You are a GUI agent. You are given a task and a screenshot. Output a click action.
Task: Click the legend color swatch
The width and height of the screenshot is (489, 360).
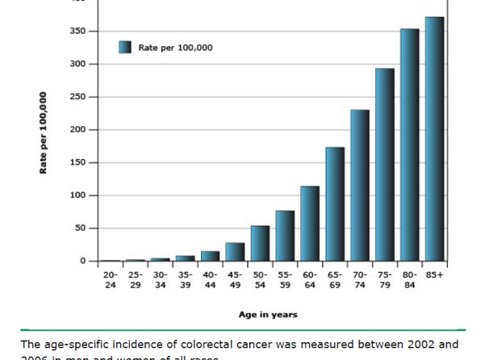click(x=124, y=47)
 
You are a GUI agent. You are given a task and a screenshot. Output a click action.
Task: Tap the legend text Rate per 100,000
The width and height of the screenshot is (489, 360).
click(x=175, y=48)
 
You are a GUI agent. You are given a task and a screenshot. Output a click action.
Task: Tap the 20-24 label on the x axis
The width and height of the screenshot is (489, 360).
click(x=111, y=280)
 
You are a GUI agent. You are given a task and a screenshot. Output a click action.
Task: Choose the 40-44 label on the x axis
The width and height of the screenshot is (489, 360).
click(x=210, y=280)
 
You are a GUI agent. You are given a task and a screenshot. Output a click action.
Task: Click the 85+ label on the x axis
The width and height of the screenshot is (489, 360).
click(x=434, y=275)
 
